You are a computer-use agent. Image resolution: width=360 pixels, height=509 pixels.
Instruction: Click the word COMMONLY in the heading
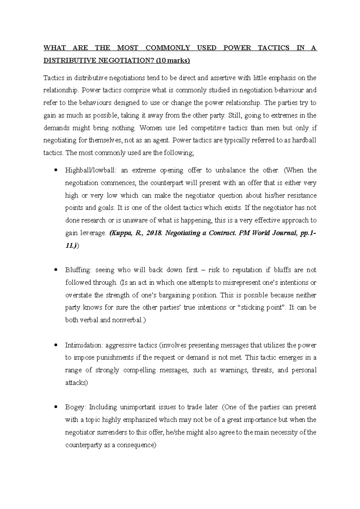168,48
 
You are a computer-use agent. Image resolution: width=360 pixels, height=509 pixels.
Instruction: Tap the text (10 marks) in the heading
173,61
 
